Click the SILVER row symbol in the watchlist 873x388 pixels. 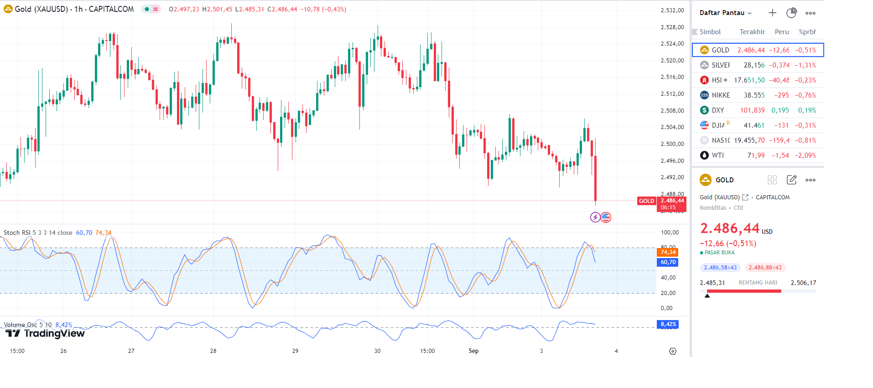coord(720,65)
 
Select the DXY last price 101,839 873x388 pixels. coord(752,110)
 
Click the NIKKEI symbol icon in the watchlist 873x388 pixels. coord(704,95)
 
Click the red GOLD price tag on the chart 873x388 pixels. coord(646,201)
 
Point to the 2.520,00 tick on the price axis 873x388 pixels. coord(672,61)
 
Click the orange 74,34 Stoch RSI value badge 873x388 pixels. coord(668,252)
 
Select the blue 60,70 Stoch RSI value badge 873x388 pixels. coord(668,262)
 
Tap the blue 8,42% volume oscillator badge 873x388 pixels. coord(668,324)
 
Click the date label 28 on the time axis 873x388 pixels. coord(213,351)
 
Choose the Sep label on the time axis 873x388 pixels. coord(473,351)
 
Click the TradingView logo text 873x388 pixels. coord(54,334)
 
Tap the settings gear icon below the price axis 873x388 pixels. coord(673,351)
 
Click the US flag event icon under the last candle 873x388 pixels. coord(606,217)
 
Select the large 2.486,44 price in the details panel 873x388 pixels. coord(730,228)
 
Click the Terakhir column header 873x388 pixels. coord(752,32)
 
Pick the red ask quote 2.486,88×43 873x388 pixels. coord(765,268)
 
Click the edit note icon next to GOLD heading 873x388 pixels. coord(791,180)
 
